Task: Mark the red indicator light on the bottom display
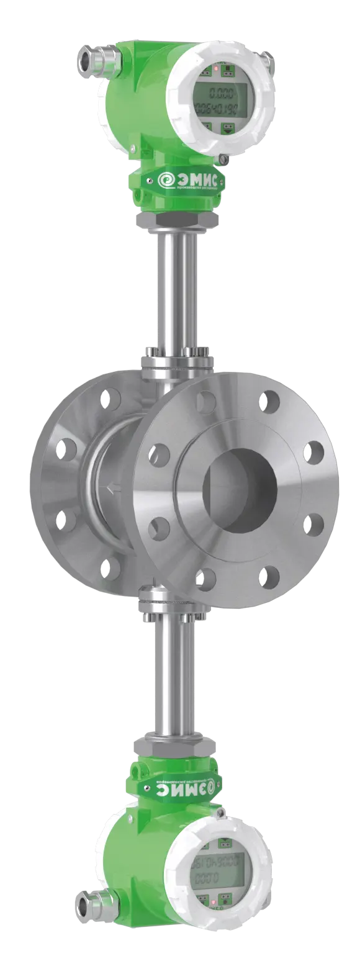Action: point(215,900)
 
